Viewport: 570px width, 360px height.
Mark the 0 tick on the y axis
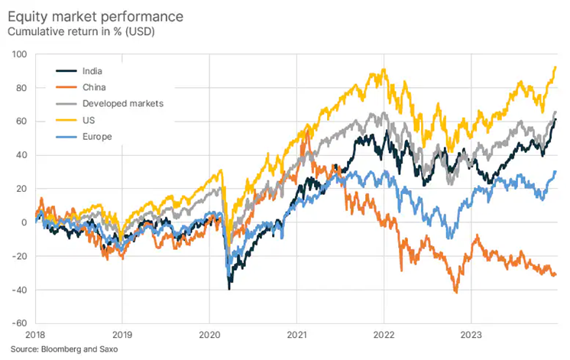click(x=24, y=222)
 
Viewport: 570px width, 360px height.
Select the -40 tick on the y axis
click(x=18, y=290)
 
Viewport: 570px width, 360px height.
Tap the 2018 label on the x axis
click(x=35, y=334)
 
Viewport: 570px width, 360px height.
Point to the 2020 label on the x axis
click(x=209, y=334)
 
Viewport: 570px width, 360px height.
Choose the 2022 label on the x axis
click(x=384, y=334)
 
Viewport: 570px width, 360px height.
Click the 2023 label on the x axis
click(x=471, y=334)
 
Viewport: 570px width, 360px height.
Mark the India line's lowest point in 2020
click(x=229, y=288)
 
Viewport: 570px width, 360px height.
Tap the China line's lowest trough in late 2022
click(x=456, y=292)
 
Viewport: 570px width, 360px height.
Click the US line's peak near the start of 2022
click(x=384, y=70)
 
